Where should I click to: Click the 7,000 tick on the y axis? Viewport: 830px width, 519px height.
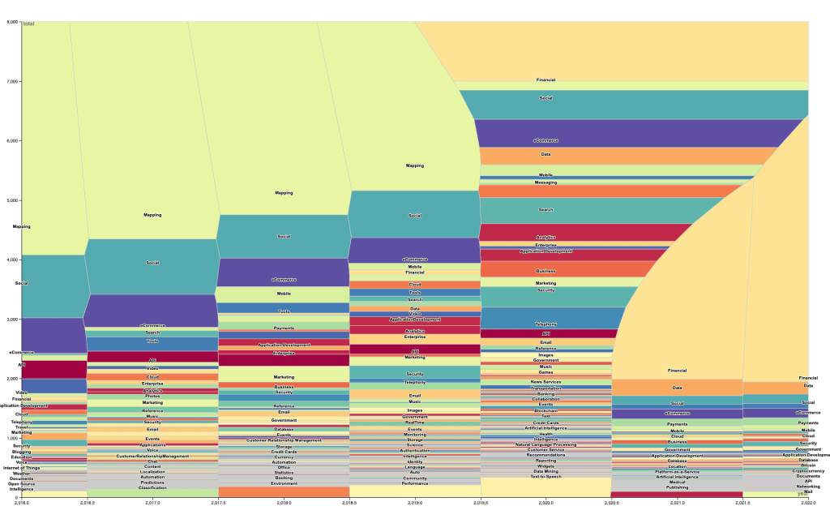12,81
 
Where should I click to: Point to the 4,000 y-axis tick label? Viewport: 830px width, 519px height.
12,259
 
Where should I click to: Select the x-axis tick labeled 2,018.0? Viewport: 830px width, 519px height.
284,504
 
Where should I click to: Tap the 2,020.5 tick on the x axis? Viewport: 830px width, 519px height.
611,504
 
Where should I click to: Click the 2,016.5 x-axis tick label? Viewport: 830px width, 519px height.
87,504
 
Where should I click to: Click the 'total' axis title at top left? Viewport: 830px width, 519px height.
29,24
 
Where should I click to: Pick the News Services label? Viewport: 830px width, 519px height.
545,382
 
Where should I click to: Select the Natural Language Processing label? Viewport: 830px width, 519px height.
545,444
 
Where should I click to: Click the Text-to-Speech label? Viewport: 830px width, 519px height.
545,476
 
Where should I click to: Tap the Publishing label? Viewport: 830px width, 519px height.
677,487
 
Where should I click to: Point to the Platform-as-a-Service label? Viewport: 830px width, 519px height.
677,471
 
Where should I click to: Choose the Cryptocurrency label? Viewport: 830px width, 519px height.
807,470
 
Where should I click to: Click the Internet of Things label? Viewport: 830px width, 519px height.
22,468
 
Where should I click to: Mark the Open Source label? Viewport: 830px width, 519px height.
22,484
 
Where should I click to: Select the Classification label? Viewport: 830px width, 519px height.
152,487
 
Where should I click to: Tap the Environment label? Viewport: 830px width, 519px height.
284,483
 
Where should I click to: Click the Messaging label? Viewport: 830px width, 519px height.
545,182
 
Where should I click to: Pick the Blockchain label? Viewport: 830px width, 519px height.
545,411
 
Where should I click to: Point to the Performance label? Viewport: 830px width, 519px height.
414,483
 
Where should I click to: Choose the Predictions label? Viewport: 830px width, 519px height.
152,483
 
